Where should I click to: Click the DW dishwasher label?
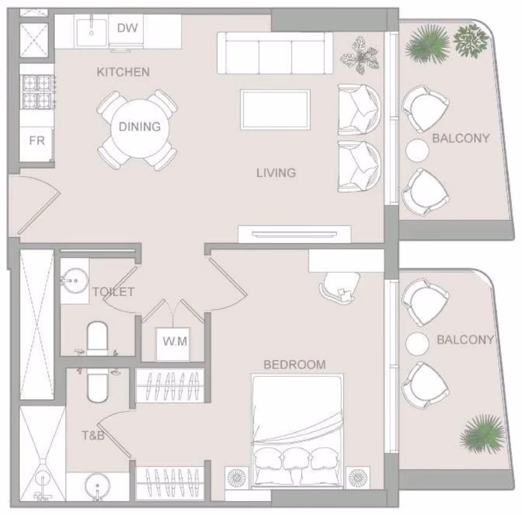(127, 27)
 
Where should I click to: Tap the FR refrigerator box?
(36, 144)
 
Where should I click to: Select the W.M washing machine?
(173, 344)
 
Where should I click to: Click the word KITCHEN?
(123, 72)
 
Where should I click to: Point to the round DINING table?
(140, 128)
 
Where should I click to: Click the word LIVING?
(276, 173)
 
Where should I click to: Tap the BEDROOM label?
(295, 364)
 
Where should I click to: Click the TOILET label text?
(114, 292)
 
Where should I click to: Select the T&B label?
(93, 435)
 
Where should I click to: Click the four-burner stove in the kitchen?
(37, 92)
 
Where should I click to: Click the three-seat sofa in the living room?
(275, 53)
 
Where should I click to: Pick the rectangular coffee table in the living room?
(276, 109)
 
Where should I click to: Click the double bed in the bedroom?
(297, 431)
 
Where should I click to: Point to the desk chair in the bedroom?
(340, 287)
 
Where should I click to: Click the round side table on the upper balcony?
(417, 150)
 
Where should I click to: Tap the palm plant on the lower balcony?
(483, 435)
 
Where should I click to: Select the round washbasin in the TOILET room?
(75, 281)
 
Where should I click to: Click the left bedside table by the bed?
(237, 478)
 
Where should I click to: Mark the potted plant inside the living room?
(360, 56)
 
